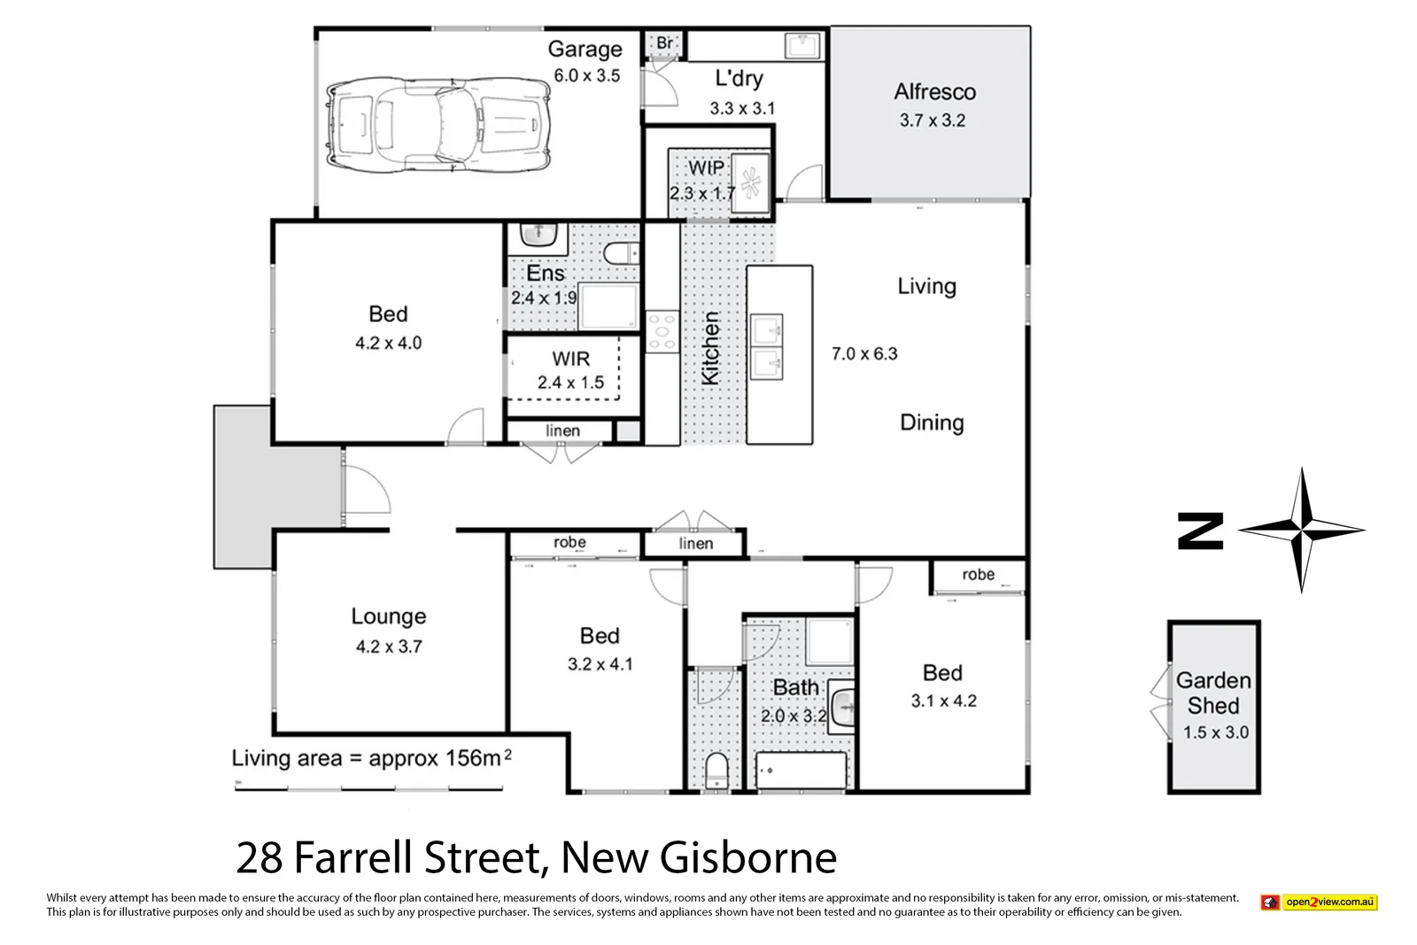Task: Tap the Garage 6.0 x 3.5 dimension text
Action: coord(586,76)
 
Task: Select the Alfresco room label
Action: coord(934,92)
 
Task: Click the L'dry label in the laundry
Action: coord(739,78)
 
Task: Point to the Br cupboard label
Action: coord(664,43)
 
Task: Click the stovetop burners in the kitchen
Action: coord(662,332)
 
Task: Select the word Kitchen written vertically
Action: coord(710,348)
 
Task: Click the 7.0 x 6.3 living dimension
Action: coord(864,354)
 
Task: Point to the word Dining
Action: coord(932,422)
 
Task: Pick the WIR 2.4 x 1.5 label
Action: coord(570,370)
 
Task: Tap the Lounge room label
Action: coord(389,616)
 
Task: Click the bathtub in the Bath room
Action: coord(801,770)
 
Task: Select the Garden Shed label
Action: coord(1213,693)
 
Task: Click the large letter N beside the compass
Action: coord(1200,531)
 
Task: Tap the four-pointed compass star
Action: coord(1301,531)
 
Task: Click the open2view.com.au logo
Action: coord(1320,902)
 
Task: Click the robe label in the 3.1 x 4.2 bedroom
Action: coord(978,575)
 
